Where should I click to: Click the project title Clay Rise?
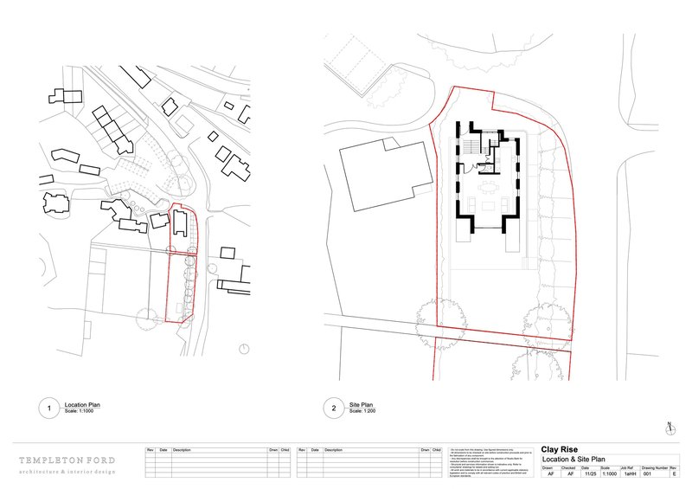coord(561,449)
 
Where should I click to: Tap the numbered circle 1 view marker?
coord(50,408)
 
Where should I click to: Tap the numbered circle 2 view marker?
coord(334,408)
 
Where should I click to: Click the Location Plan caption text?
coord(83,404)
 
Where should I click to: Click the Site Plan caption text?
coord(361,404)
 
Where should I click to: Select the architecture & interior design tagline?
coord(69,473)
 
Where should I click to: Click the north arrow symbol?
coord(670,427)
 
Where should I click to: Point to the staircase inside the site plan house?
coord(473,144)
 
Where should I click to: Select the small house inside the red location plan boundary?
coord(178,222)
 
